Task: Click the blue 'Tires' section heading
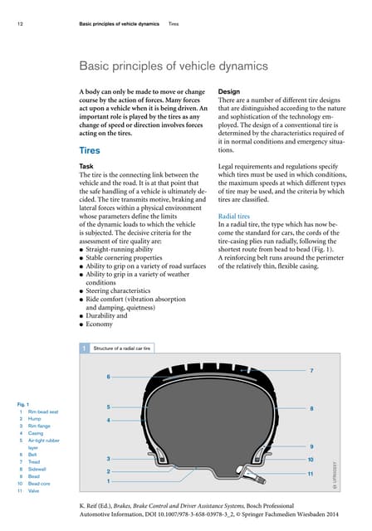point(91,152)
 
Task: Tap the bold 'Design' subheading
point(229,90)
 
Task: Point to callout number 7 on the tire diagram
point(311,369)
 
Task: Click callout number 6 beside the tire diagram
point(108,377)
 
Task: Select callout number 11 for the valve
point(310,473)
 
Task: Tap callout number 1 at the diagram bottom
point(108,481)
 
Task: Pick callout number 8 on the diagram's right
point(311,408)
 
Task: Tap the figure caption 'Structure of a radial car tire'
point(122,348)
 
